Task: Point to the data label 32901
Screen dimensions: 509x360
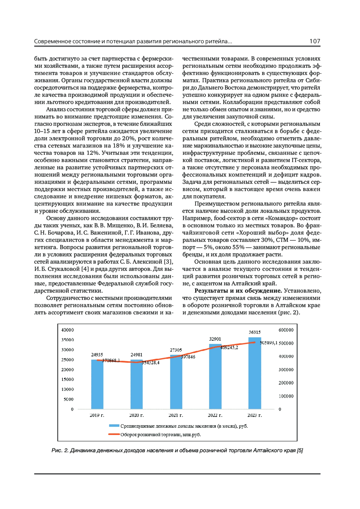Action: click(215, 339)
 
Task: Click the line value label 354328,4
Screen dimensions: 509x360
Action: click(151, 363)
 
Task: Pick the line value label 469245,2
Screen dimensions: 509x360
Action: click(229, 348)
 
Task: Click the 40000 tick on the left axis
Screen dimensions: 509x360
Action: click(67, 330)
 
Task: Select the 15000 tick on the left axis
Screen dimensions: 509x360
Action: click(67, 379)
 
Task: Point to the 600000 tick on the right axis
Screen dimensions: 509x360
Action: click(286, 330)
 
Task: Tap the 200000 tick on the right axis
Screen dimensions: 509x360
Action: click(286, 383)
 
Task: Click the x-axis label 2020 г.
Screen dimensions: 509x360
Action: click(136, 415)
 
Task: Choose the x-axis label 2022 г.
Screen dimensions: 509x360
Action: click(215, 415)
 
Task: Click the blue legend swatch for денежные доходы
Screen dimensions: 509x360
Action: click(114, 426)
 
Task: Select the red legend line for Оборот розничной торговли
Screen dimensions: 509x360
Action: click(114, 434)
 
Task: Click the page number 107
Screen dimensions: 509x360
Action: click(315, 41)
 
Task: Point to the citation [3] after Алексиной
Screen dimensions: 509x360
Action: click(169, 262)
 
